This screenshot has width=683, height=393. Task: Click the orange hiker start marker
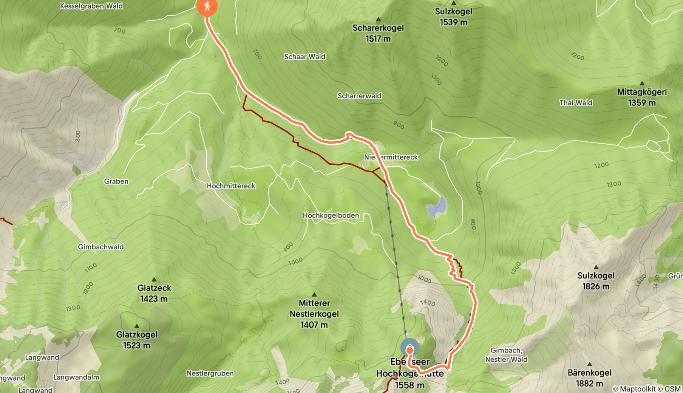coord(207,6)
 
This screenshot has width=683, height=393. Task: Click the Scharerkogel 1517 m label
coord(378,33)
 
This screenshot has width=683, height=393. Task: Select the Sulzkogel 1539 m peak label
coord(453,17)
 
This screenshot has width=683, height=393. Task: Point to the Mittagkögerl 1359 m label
coord(641,97)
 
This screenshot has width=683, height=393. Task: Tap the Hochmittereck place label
coord(231,186)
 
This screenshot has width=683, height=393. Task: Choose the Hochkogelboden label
coord(331,215)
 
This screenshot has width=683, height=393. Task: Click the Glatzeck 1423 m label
coord(154,293)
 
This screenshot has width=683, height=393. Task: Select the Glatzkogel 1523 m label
coord(136,340)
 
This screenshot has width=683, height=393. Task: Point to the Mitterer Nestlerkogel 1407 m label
coord(314,314)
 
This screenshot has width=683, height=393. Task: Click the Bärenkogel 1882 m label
coord(589,378)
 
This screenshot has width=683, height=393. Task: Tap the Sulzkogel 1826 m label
coord(596,281)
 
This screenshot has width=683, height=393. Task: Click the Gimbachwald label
coord(100,247)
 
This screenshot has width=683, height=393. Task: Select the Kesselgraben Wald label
coord(91,6)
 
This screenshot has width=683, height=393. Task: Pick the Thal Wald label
coord(575,103)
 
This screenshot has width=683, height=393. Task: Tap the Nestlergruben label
coord(210,373)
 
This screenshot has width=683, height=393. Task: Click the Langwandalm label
coord(76,377)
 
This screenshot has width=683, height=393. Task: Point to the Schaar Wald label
coord(304,57)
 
